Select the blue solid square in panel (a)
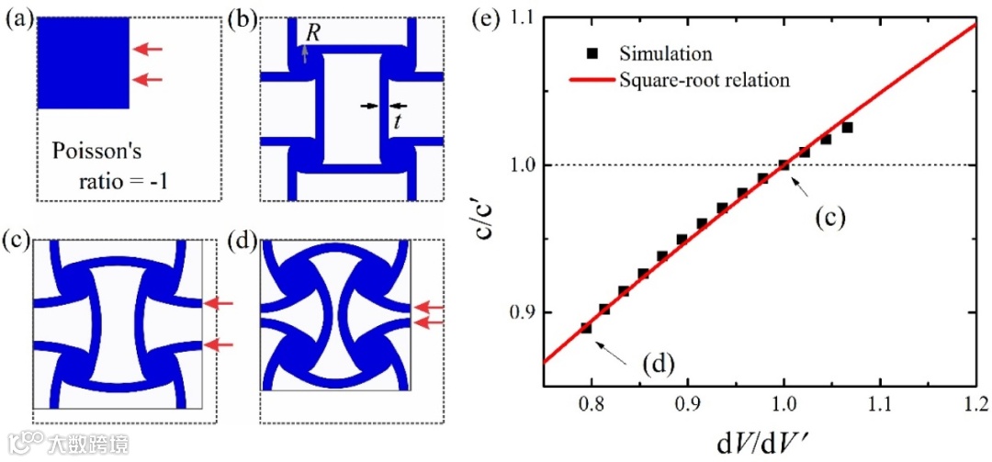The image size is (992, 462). pos(81,62)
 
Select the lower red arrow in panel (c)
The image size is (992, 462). pos(220,344)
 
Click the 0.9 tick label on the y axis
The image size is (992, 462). pos(525,313)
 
